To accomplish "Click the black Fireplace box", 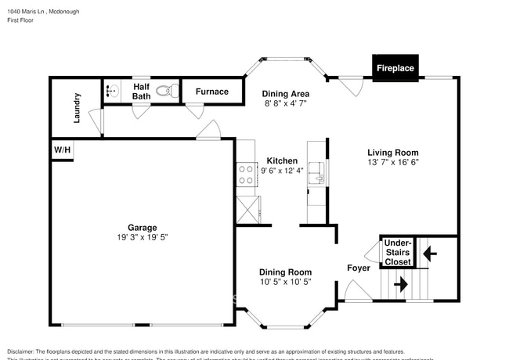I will pos(395,68).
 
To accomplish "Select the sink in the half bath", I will pos(110,91).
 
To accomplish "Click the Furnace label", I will pos(211,92).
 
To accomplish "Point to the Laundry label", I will pos(78,108).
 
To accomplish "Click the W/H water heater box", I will pos(61,149).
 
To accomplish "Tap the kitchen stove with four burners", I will pos(246,174).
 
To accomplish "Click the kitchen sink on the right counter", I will pos(317,173).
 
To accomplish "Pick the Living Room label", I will pos(393,153).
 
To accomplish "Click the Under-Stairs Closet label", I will pos(397,252).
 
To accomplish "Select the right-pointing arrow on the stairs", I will pos(400,283).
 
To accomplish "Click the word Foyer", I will pos(359,268).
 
